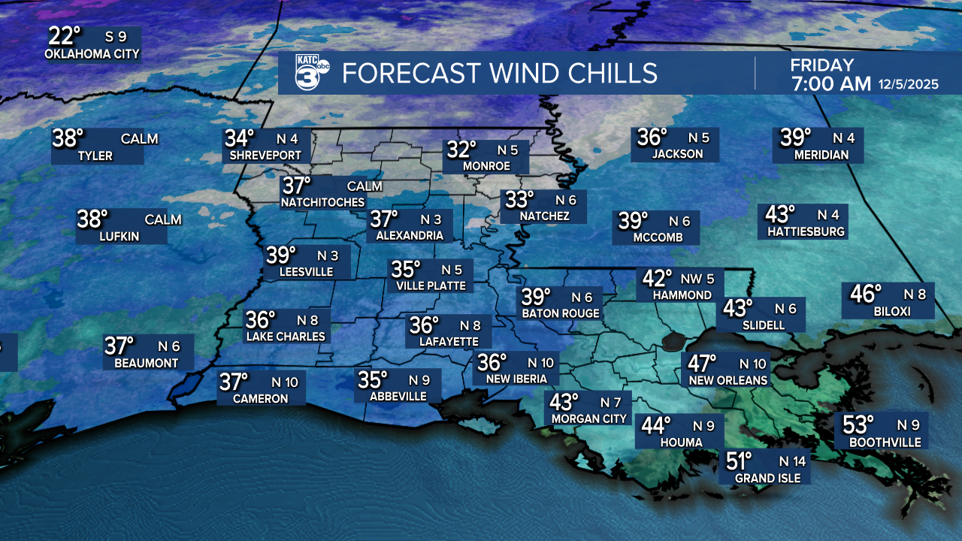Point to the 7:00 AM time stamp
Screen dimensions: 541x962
(830, 83)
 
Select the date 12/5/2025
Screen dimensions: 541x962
(908, 84)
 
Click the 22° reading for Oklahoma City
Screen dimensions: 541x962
(65, 35)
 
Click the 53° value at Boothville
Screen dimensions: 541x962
(858, 425)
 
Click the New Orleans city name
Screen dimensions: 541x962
(728, 380)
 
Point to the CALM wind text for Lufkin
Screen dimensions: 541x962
(163, 219)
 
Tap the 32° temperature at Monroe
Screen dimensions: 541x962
(462, 150)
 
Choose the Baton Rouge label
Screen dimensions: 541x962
(561, 313)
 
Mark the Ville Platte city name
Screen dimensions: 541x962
(431, 286)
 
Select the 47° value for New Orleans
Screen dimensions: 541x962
(703, 364)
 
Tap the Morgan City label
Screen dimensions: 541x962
(588, 419)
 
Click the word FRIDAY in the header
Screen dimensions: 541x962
(821, 65)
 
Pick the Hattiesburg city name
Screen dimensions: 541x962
(806, 231)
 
